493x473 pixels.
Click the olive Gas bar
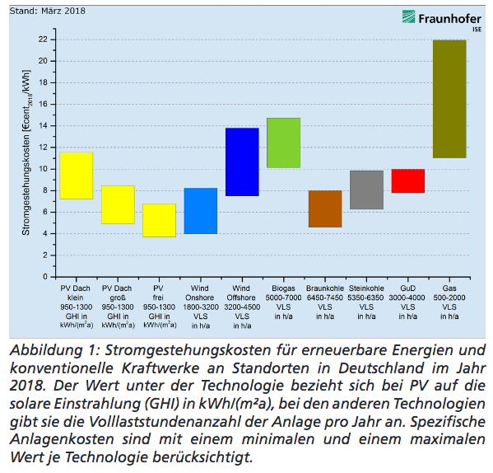449,99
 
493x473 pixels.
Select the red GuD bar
407,181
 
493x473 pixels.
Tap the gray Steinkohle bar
366,190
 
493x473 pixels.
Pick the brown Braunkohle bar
325,209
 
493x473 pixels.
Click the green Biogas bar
284,143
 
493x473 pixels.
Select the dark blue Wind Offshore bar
242,162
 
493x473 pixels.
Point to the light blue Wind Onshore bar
201,211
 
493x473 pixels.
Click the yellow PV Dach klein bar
77,176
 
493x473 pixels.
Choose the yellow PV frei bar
159,220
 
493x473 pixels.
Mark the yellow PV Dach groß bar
118,204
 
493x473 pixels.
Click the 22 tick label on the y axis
43,40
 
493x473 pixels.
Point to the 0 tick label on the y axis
45,277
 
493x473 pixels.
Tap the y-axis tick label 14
43,125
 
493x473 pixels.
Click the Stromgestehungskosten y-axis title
26,152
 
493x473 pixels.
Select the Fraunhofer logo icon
408,16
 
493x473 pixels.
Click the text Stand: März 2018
48,11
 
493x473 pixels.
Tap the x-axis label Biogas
284,288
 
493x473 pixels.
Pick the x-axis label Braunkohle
325,288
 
